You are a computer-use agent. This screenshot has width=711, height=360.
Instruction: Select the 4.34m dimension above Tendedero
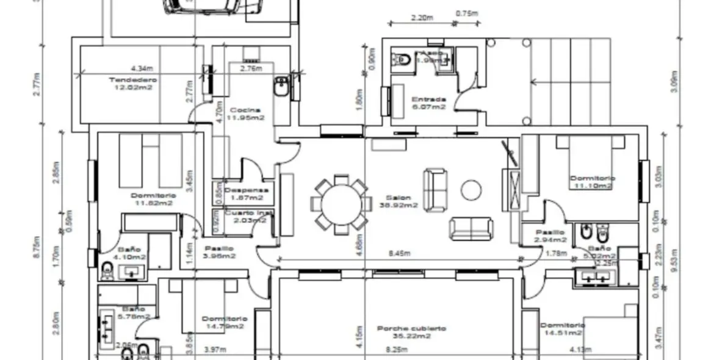[x=142, y=68]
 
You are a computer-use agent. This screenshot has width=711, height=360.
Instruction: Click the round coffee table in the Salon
[x=471, y=190]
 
